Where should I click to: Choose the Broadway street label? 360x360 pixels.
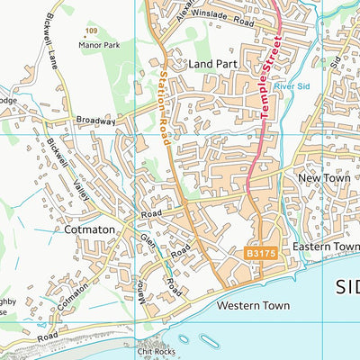(96, 121)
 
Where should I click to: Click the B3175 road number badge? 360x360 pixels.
(260, 255)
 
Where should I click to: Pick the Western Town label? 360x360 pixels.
(253, 306)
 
